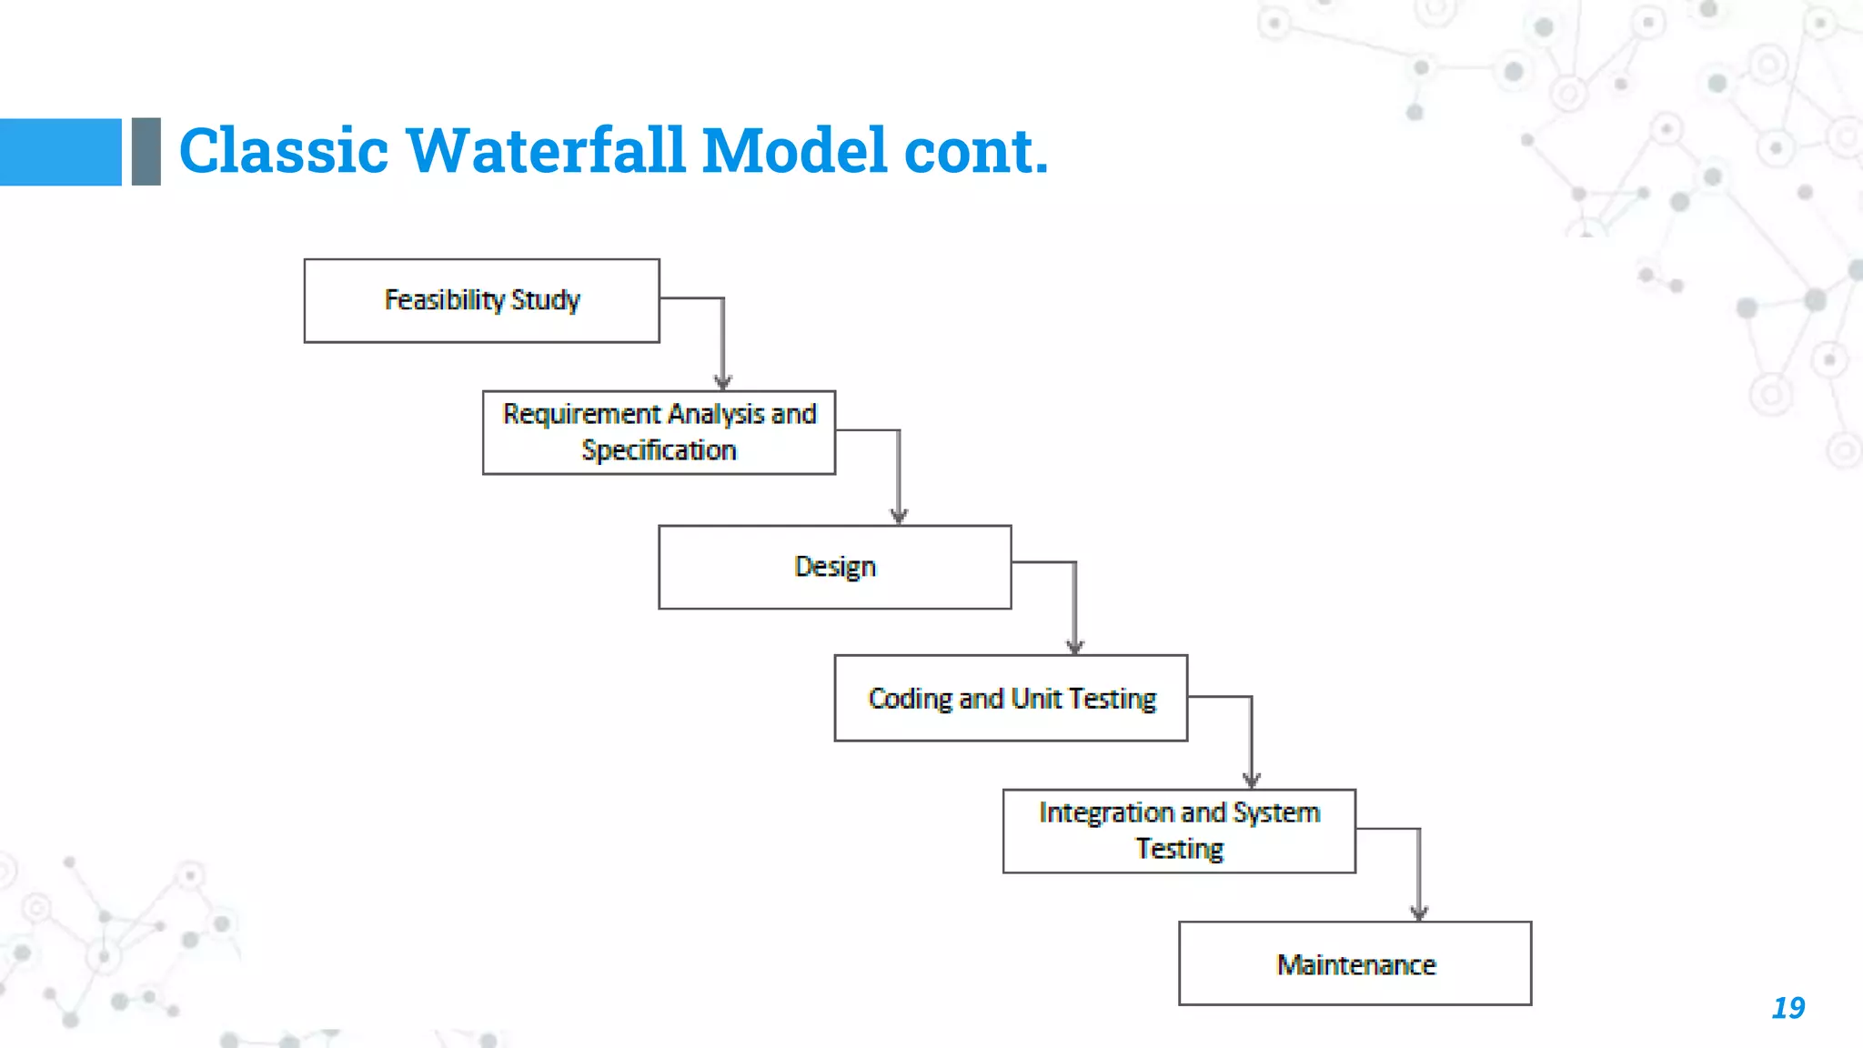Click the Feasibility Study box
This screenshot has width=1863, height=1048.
481,300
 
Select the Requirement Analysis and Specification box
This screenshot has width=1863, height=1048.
659,432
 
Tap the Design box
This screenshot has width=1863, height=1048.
834,567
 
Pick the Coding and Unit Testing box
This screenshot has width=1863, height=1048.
1011,698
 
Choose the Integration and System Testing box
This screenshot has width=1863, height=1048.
1179,831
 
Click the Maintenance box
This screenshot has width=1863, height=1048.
1354,963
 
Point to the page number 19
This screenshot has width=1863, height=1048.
1787,1008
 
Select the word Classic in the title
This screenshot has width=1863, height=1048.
283,150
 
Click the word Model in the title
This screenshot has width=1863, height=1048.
794,150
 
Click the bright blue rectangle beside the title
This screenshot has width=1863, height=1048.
60,152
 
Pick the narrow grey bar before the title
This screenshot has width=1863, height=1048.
146,152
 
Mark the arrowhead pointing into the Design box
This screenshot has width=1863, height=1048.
899,517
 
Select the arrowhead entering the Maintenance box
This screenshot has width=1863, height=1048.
1419,913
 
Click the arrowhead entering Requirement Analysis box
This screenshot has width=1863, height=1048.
723,383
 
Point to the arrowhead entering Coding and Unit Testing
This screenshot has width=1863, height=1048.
1074,647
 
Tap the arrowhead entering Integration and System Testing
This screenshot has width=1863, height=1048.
1251,781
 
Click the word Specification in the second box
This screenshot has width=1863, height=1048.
659,450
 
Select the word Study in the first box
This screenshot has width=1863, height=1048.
545,300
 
